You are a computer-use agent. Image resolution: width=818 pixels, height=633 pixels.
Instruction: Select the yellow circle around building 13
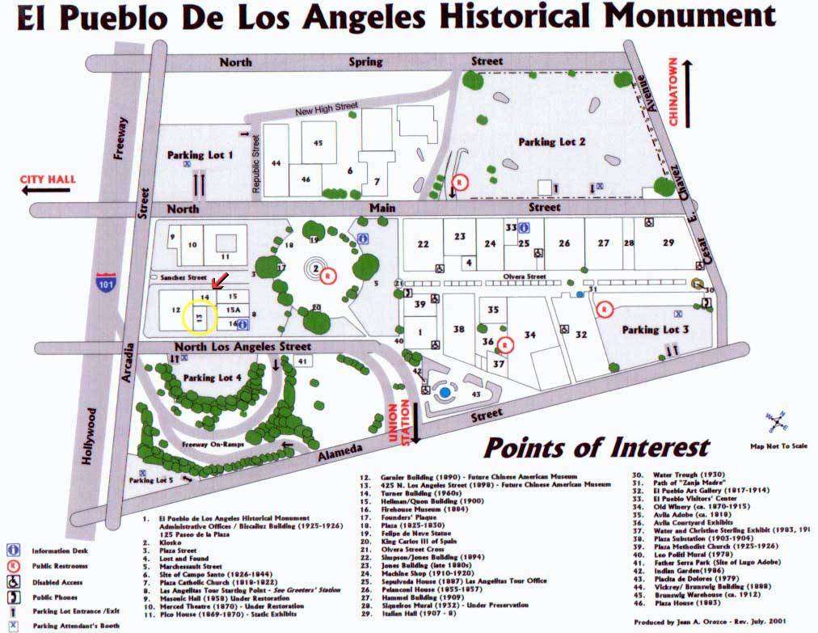(199, 318)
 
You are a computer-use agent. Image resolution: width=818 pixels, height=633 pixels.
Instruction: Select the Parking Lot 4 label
(213, 378)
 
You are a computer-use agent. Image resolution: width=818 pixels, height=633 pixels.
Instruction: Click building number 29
(668, 243)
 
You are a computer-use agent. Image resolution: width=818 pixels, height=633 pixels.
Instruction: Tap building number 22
(423, 244)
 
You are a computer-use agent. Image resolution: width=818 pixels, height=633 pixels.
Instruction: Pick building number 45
(318, 143)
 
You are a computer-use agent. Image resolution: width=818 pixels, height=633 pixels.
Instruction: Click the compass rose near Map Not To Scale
(778, 420)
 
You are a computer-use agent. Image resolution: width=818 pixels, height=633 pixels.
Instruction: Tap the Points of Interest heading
(597, 447)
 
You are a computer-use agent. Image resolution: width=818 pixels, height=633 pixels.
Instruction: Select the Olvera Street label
(525, 276)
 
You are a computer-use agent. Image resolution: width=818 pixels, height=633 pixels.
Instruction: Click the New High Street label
(327, 109)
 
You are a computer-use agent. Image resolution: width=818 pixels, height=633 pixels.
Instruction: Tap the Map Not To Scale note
(778, 445)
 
